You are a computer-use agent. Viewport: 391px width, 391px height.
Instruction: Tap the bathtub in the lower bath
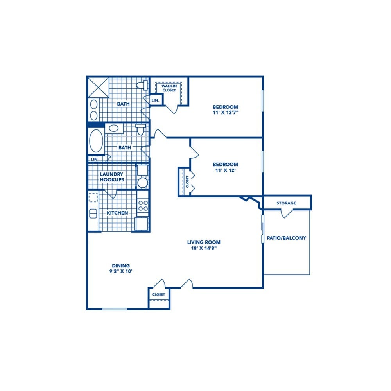[x=96, y=141]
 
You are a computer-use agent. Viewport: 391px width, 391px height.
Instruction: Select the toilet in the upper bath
[x=142, y=84]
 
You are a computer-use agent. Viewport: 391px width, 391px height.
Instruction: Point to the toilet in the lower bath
[x=140, y=129]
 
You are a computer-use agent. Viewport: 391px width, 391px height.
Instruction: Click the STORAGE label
[x=286, y=203]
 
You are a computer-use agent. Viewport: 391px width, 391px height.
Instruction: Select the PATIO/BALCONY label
[x=286, y=238]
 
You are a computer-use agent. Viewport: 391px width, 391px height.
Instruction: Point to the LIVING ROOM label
[x=201, y=242]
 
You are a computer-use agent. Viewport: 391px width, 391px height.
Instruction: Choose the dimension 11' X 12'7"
[x=225, y=113]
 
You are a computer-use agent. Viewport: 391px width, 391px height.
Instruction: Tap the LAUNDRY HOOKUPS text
[x=112, y=177]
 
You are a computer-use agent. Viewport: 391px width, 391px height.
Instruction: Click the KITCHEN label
[x=118, y=213]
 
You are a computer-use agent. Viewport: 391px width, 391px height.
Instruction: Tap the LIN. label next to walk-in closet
[x=155, y=100]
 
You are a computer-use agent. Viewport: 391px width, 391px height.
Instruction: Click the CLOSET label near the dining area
[x=159, y=294]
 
